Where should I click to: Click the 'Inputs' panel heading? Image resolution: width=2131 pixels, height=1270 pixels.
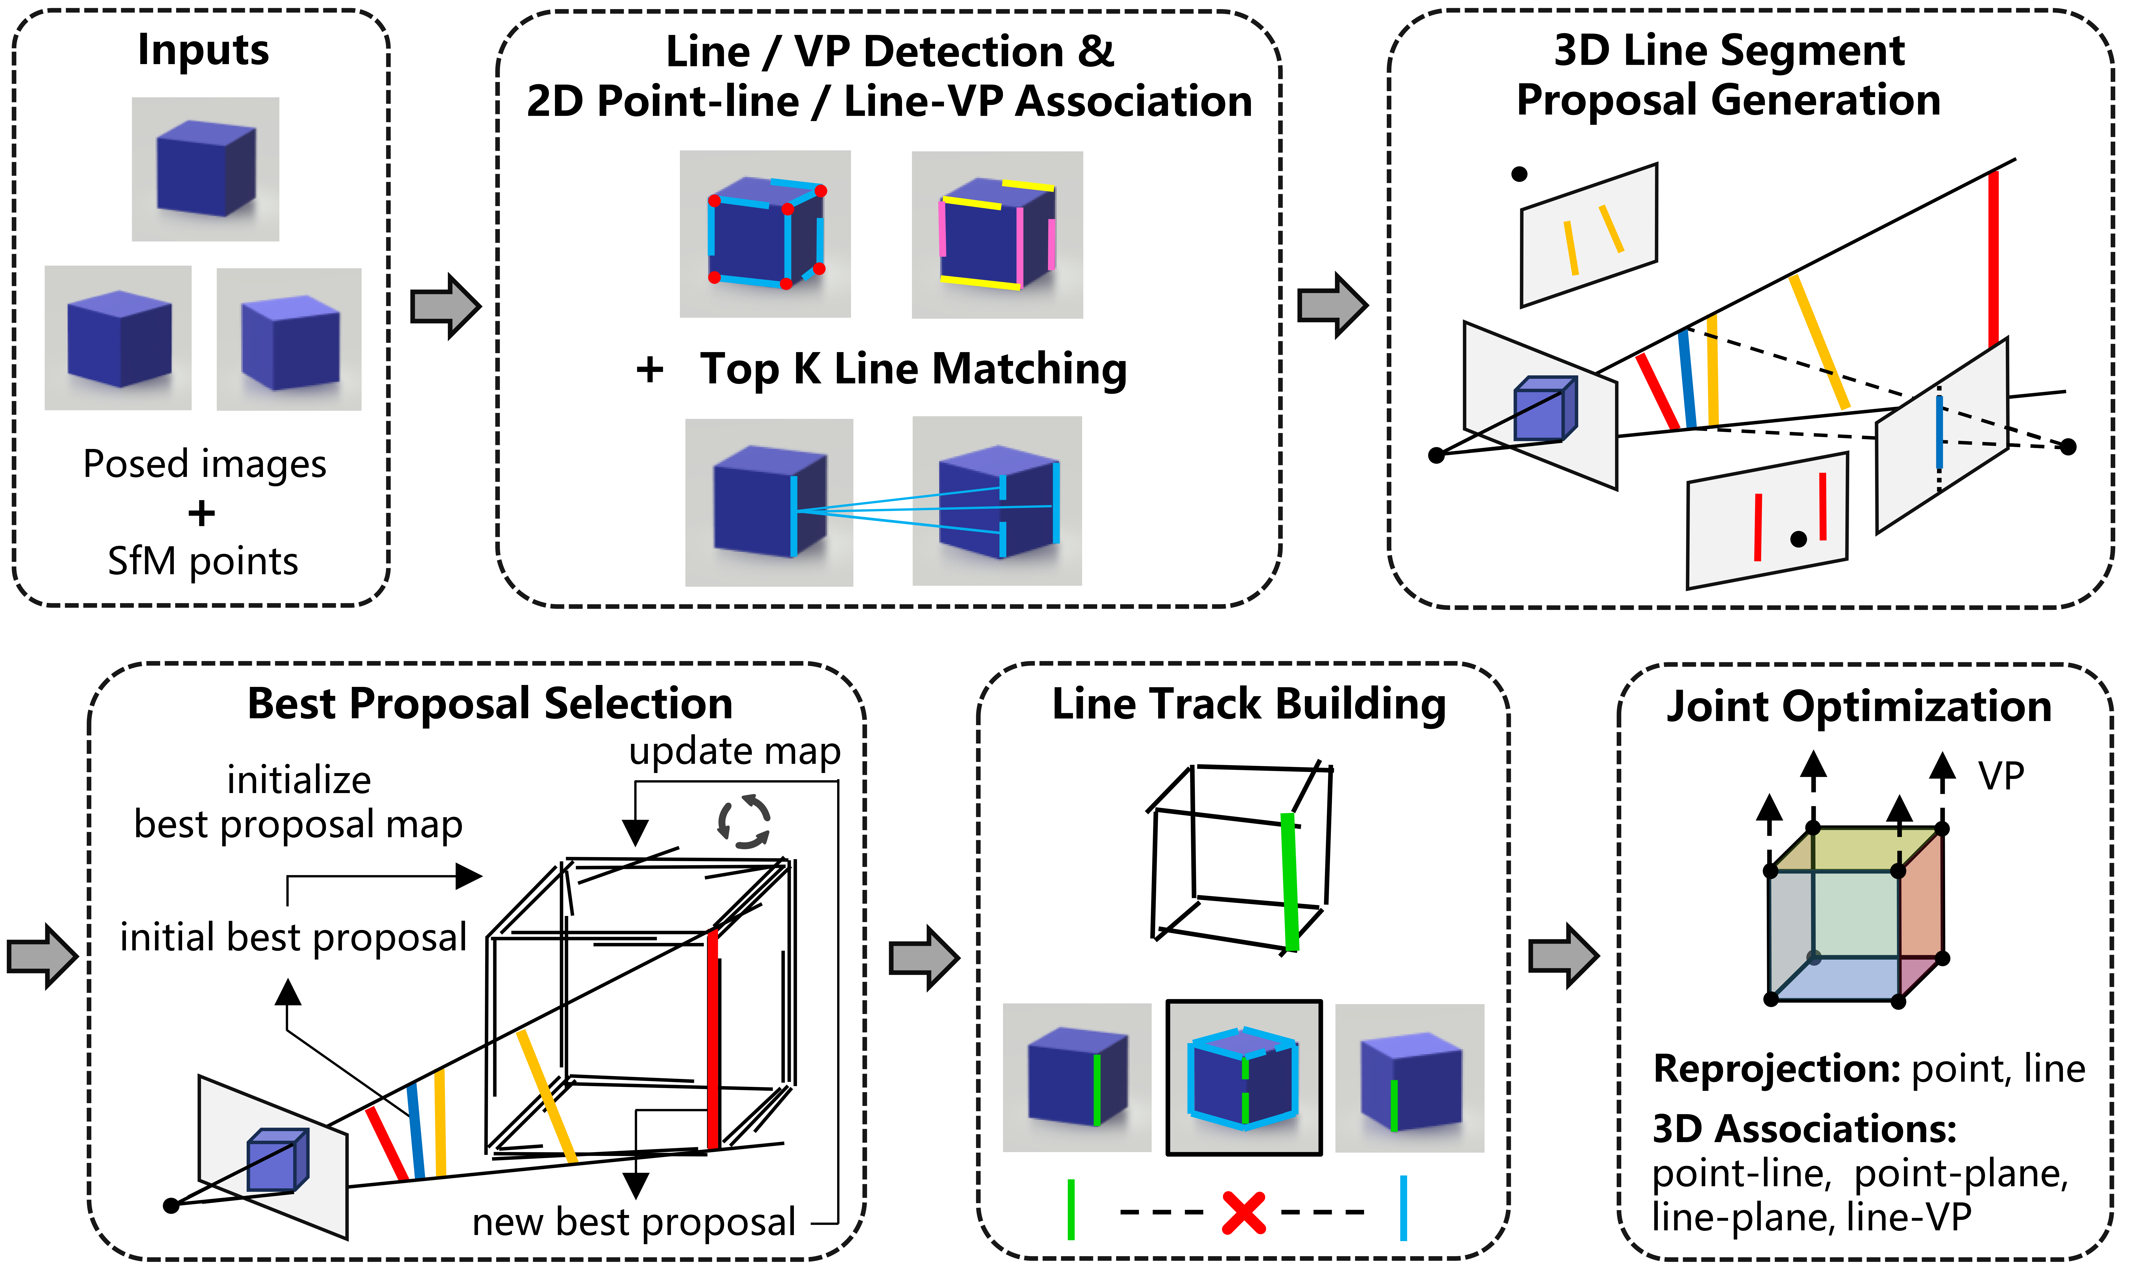tap(204, 50)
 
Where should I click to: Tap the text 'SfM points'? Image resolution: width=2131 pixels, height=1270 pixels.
tap(203, 561)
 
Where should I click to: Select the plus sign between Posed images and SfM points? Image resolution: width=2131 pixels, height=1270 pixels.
tap(202, 514)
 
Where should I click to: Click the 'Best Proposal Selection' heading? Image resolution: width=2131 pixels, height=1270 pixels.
tap(490, 704)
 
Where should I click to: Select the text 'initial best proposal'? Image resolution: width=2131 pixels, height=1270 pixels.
tap(293, 937)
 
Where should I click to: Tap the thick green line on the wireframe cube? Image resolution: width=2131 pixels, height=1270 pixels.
tap(1290, 881)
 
